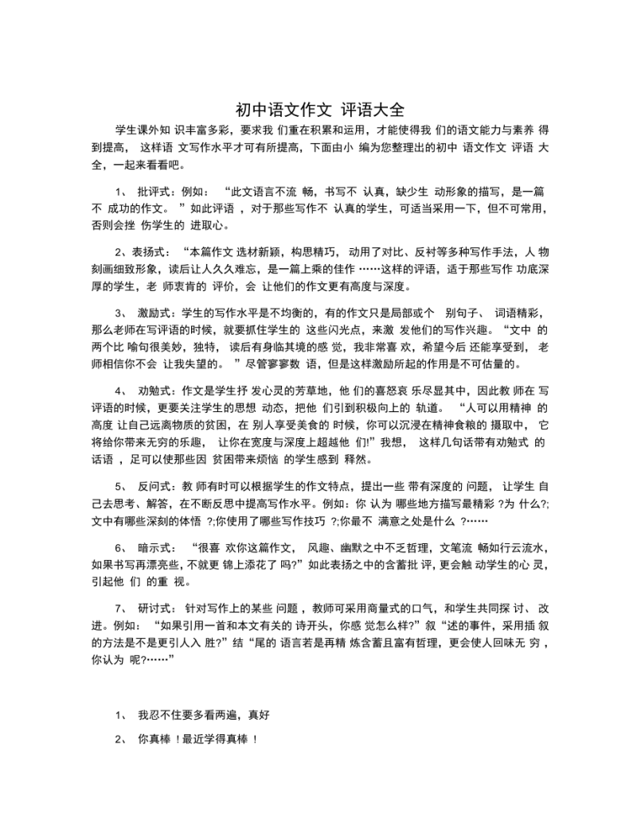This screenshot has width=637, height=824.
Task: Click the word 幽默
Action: click(x=356, y=548)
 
